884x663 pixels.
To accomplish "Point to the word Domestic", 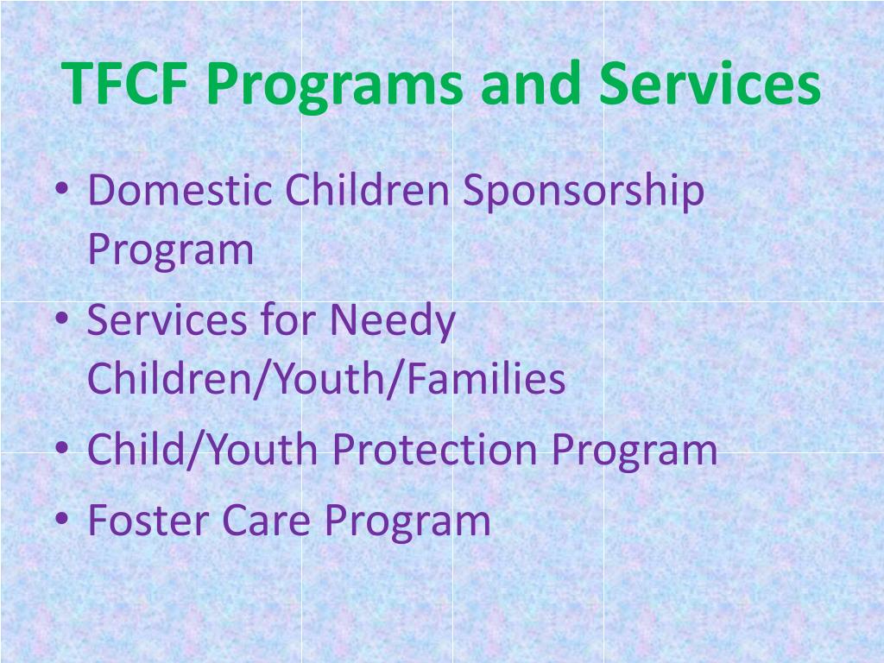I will point(179,191).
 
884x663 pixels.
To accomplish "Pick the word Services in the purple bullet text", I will point(159,320).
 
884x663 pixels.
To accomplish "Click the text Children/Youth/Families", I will point(326,380).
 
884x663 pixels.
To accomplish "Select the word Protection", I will point(436,450).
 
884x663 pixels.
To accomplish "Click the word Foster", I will point(148,520).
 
